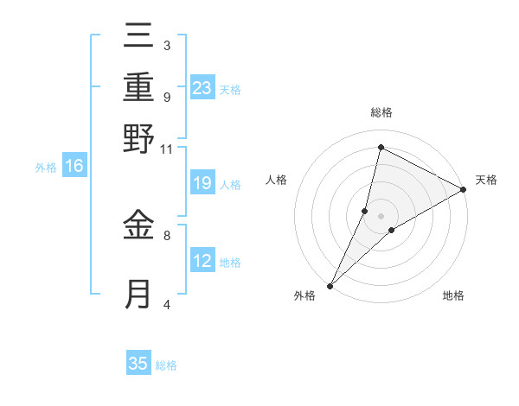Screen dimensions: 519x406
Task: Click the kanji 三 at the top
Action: point(138,39)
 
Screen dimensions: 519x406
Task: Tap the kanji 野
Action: point(138,138)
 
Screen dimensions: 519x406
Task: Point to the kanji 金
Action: point(138,226)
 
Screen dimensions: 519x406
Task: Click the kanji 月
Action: point(138,294)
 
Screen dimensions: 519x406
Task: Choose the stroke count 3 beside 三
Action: point(166,45)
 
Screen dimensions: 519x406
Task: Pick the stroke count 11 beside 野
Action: point(167,149)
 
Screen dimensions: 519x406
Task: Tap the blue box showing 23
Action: point(202,87)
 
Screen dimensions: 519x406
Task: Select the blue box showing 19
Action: point(202,182)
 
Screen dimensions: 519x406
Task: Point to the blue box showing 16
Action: point(74,166)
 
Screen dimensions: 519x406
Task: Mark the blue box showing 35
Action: point(138,364)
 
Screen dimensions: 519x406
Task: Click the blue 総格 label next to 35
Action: point(166,365)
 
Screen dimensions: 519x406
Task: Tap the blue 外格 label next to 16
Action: point(46,168)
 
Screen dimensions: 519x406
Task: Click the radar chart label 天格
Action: point(486,180)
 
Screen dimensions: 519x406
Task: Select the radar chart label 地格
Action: point(453,295)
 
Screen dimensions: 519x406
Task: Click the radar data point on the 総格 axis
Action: point(381,147)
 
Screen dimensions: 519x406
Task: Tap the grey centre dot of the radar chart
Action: point(381,215)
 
